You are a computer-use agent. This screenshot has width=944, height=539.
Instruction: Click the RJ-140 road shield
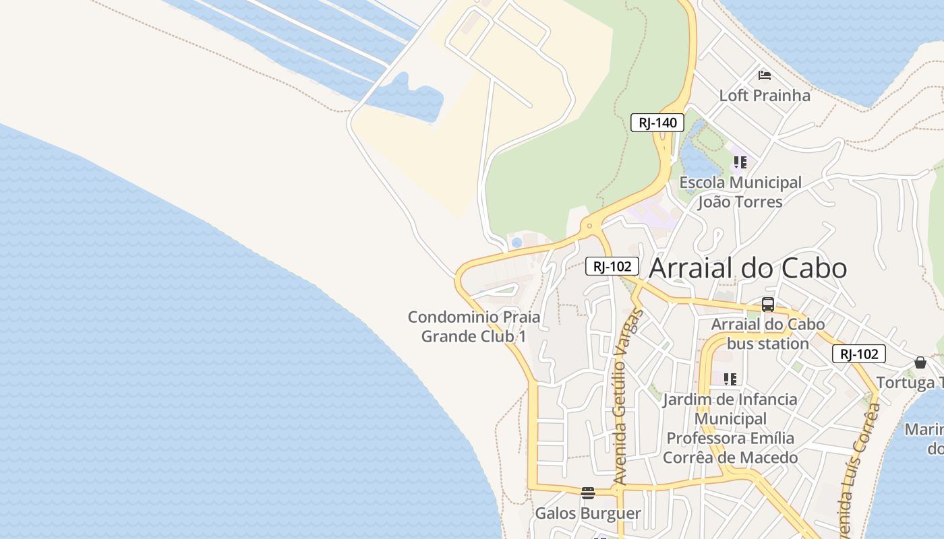click(657, 123)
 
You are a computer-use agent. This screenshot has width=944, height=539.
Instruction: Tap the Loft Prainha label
click(765, 95)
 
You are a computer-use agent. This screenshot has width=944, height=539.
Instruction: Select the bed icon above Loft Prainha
click(764, 75)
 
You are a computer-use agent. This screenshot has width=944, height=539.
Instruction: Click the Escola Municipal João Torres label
click(740, 192)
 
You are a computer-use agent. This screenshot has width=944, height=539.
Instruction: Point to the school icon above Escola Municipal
click(740, 162)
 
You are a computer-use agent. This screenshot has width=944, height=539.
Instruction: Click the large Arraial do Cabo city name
click(748, 268)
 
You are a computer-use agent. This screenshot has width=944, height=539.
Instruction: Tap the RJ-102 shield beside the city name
click(612, 266)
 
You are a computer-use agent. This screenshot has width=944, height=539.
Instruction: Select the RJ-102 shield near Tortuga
click(858, 354)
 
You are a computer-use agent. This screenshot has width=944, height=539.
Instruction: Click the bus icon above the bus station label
click(767, 305)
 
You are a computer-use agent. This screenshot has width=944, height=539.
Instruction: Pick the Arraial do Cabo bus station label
click(768, 334)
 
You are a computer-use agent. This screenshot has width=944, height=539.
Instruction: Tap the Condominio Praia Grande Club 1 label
click(474, 326)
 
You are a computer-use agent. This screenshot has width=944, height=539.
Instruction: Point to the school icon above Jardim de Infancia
click(730, 379)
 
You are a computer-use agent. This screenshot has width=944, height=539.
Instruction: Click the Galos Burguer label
click(588, 513)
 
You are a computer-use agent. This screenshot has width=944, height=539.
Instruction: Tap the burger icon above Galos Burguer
click(588, 493)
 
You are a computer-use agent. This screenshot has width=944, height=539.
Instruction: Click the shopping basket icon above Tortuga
click(920, 362)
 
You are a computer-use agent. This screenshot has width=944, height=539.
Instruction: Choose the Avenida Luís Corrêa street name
click(858, 465)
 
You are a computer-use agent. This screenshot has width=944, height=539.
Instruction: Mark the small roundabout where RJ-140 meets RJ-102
click(589, 226)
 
